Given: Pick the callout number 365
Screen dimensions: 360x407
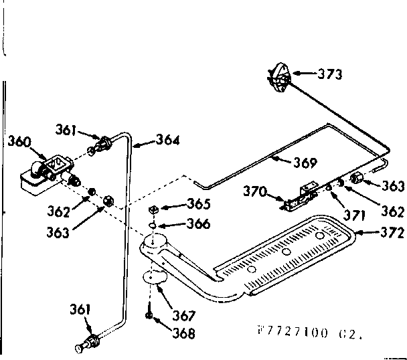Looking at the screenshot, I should [x=199, y=204].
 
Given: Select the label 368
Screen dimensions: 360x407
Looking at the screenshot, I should [x=182, y=333].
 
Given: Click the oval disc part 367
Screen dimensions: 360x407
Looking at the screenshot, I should [x=155, y=278].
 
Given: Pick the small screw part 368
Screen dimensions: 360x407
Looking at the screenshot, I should [x=148, y=314].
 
